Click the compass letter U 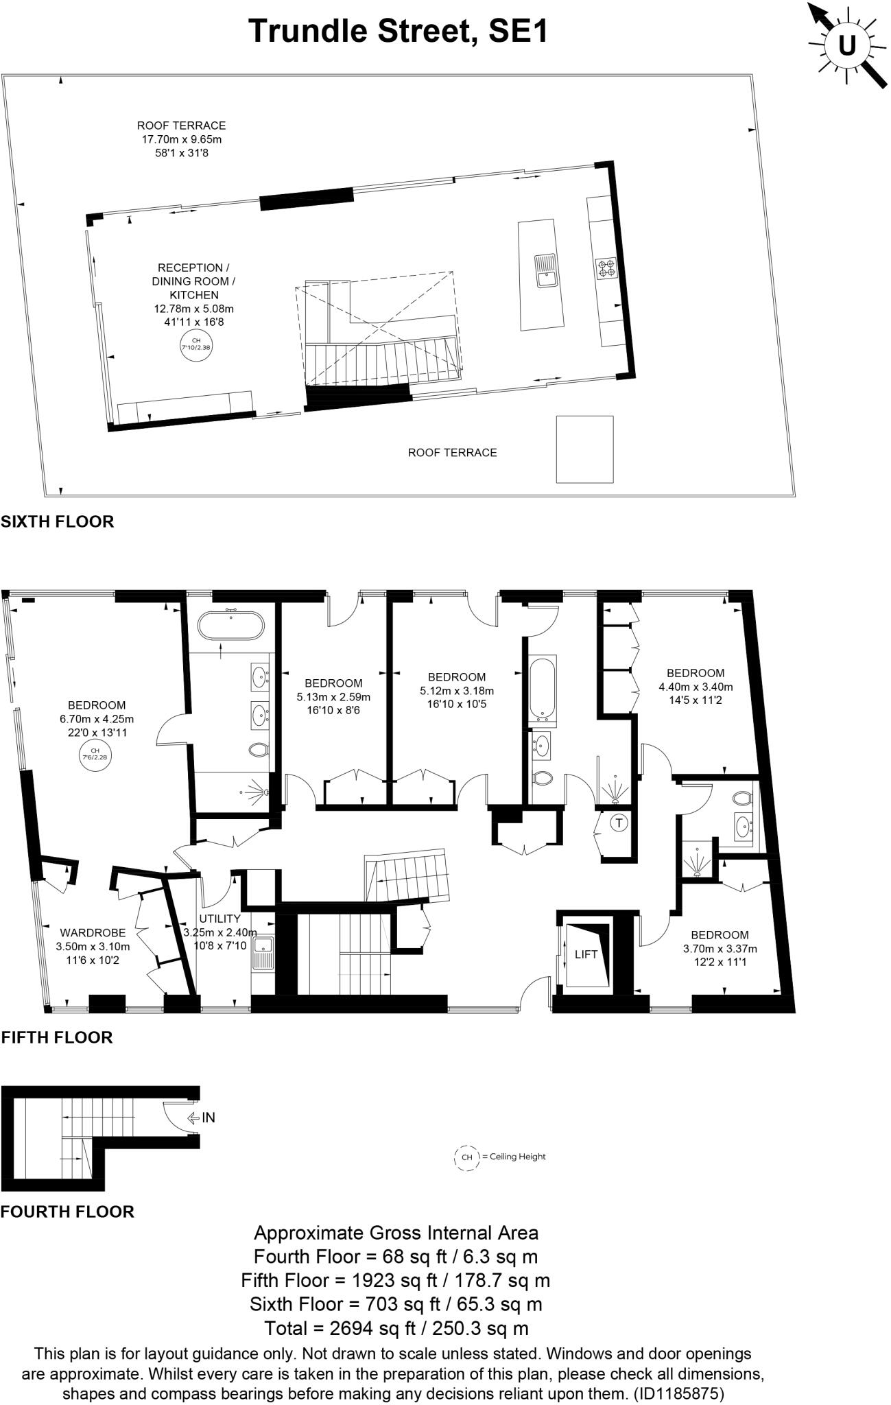847,45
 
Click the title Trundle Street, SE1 399,31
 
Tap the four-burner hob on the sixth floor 606,268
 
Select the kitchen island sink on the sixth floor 546,269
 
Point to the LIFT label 586,954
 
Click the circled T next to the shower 619,822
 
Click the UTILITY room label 219,919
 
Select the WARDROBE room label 93,932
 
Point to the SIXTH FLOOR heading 57,521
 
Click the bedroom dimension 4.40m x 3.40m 696,687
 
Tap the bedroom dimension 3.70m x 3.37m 720,949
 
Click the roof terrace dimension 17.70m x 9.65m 181,139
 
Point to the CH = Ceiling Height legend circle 467,1157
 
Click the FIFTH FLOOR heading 57,1037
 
